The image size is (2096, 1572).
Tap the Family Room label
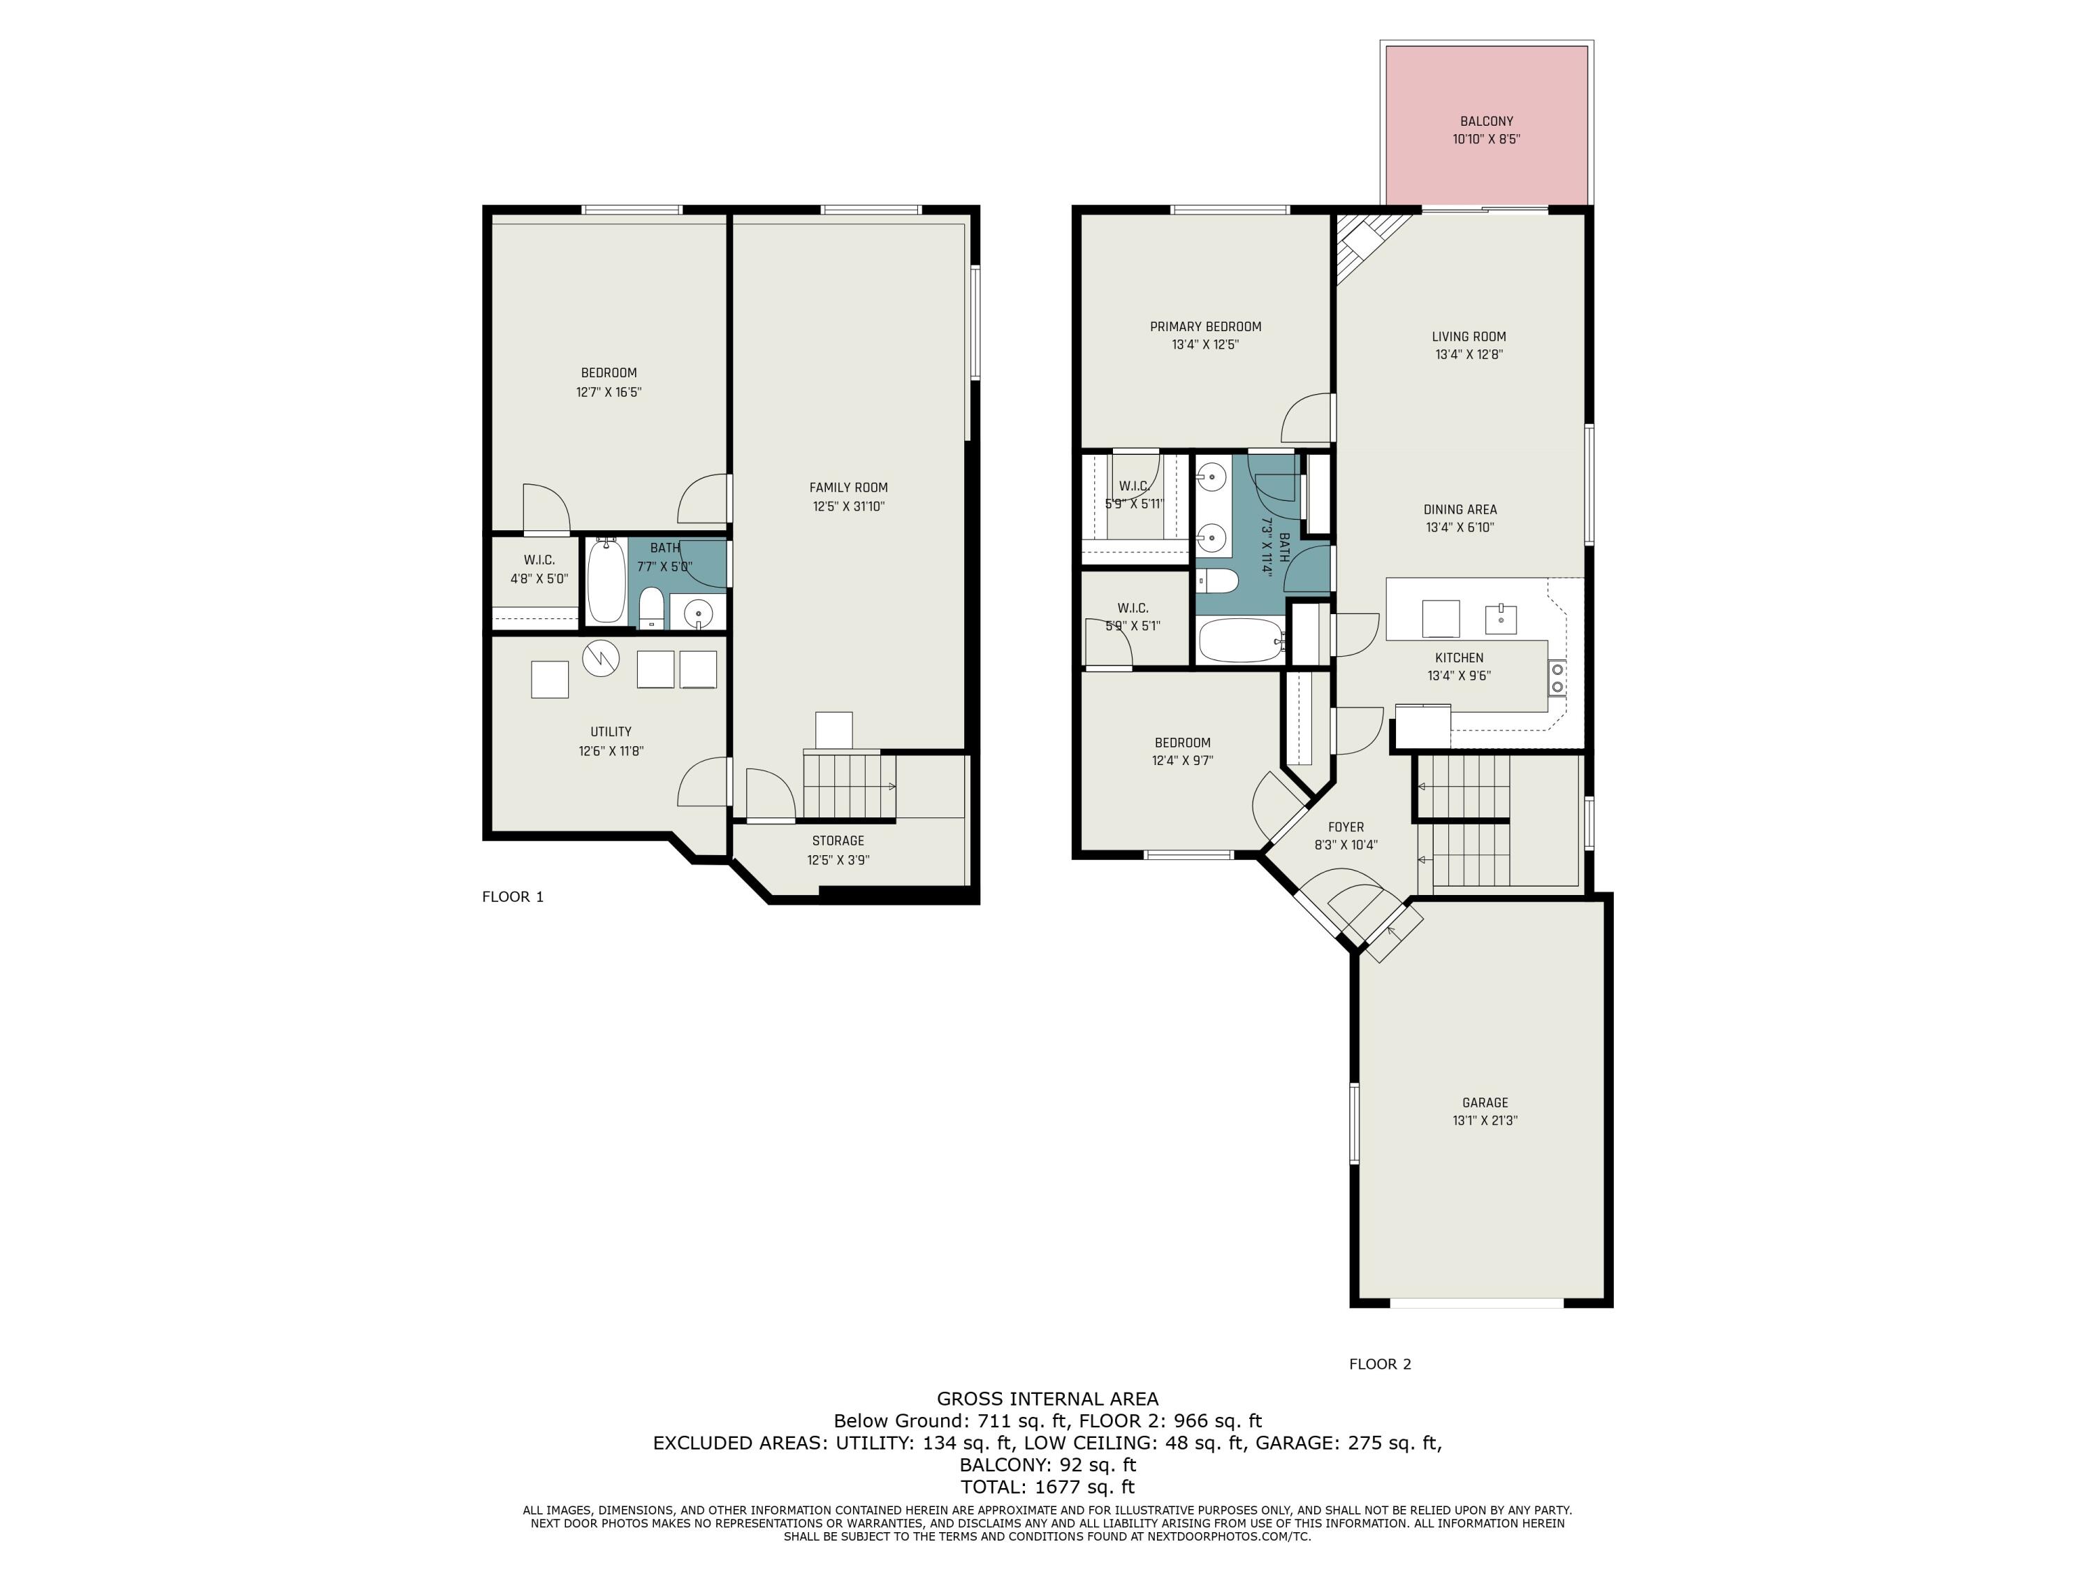(x=848, y=488)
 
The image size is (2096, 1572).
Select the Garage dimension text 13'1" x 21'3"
(x=1485, y=1120)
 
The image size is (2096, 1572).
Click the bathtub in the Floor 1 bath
(x=606, y=580)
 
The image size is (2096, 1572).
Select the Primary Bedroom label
(x=1205, y=327)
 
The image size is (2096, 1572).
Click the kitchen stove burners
(x=1557, y=678)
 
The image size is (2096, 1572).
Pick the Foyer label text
(x=1346, y=827)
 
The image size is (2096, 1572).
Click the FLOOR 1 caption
(x=513, y=896)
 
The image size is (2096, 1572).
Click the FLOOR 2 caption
(x=1380, y=1364)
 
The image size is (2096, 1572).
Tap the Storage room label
(x=838, y=841)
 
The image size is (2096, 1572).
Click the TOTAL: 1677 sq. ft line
(x=1047, y=1487)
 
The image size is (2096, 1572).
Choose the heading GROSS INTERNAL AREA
(x=1047, y=1399)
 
